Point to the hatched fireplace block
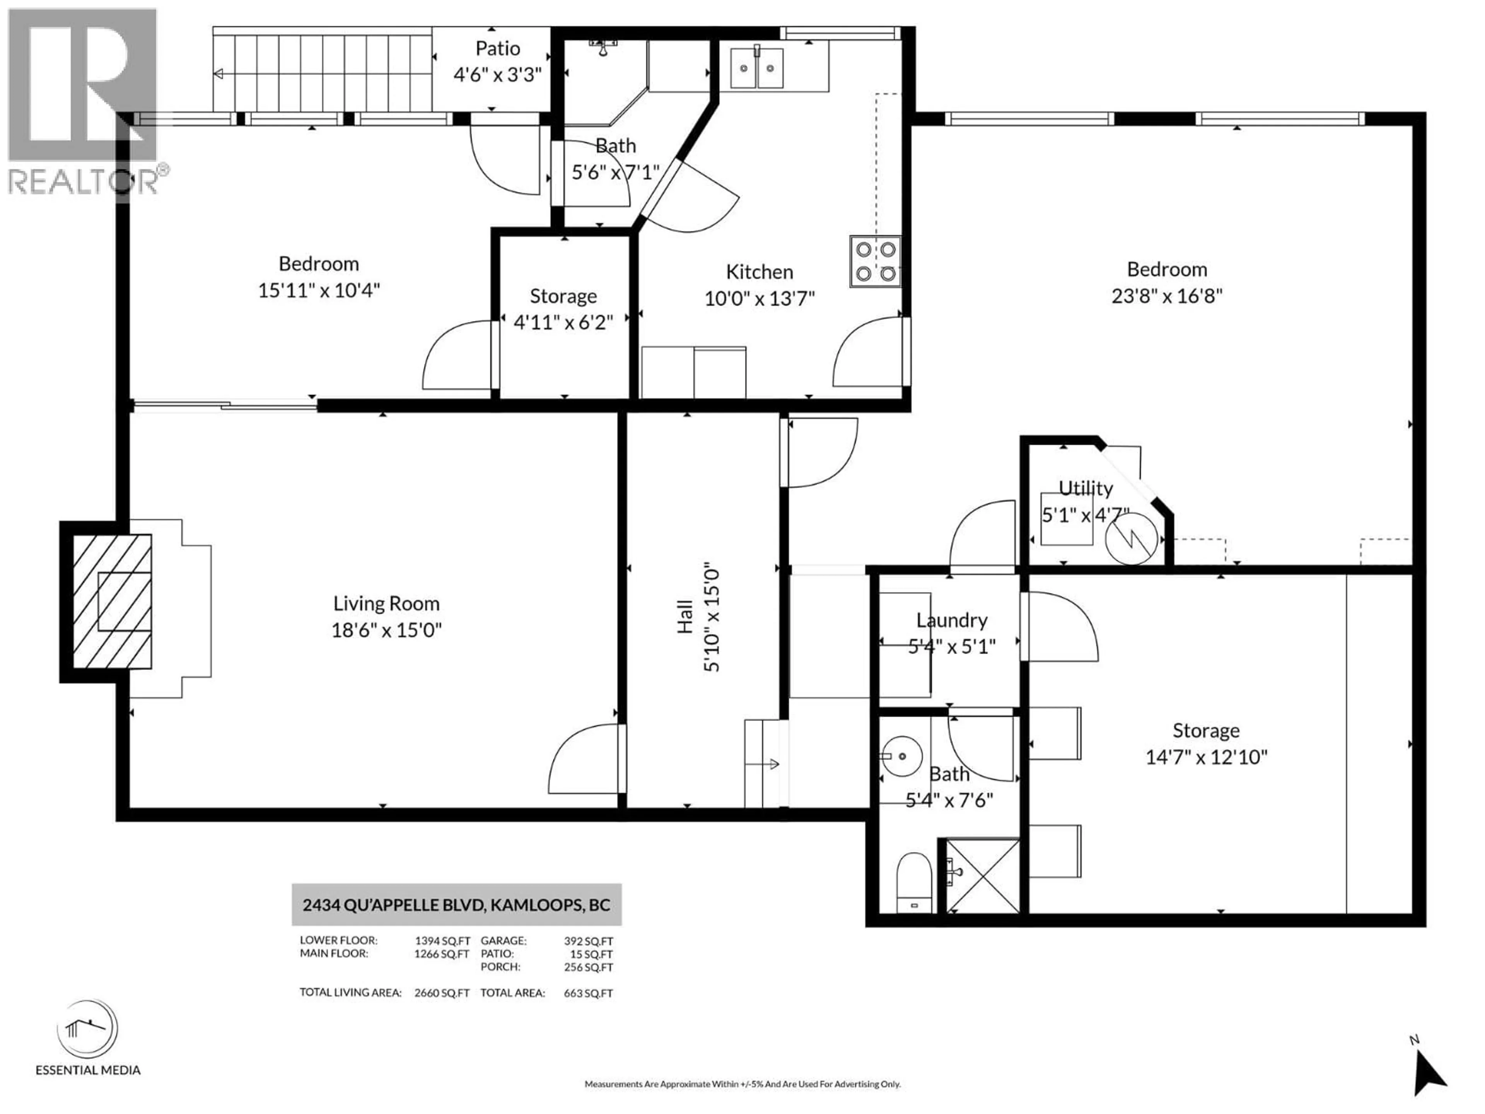click(111, 601)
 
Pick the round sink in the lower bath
click(901, 756)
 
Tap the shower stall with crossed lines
click(982, 876)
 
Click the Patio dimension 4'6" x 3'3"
click(497, 75)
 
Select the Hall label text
click(684, 617)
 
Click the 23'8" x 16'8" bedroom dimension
click(1167, 296)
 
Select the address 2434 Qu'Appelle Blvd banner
click(456, 904)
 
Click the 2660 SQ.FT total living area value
click(441, 993)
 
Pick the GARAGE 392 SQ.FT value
click(588, 941)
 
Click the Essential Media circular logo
click(88, 1029)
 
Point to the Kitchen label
click(759, 272)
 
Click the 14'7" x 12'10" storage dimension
click(1206, 757)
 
